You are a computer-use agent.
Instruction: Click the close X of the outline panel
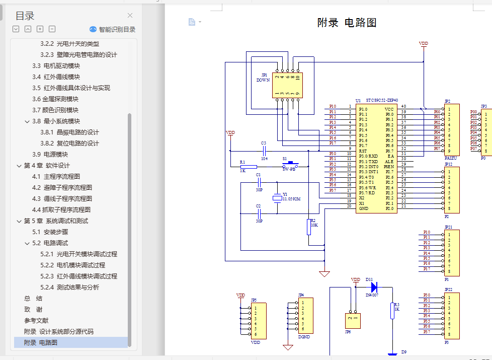point(130,16)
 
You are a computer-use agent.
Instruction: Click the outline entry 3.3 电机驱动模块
point(56,65)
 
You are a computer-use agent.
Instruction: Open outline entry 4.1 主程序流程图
point(56,176)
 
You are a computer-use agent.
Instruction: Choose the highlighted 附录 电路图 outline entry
point(41,342)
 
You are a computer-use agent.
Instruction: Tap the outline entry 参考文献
point(36,320)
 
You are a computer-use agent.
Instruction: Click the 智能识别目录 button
point(112,29)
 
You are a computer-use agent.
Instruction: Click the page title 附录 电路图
point(347,22)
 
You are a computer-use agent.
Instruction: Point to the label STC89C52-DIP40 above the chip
point(382,100)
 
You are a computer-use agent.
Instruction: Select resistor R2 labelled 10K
point(309,227)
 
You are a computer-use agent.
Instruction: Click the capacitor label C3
point(263,143)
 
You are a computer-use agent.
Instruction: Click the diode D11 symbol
point(374,287)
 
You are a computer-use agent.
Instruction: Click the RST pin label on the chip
point(363,151)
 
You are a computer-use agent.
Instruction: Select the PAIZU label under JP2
point(451,158)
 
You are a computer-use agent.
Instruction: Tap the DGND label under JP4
point(304,336)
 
